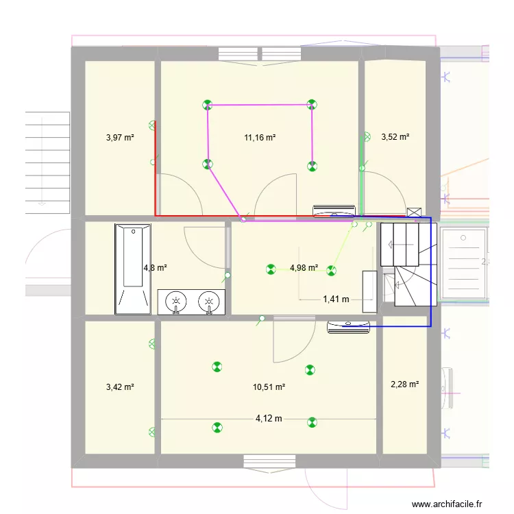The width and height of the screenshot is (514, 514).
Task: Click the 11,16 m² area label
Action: point(260,137)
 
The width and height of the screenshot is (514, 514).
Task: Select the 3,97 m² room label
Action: point(120,137)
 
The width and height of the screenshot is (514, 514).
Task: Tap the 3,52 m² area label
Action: point(395,137)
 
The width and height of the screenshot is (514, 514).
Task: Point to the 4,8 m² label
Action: point(155,268)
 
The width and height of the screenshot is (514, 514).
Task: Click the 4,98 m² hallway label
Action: point(304,268)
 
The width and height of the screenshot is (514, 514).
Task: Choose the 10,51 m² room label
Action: point(269,387)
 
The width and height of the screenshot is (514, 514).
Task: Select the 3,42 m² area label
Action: point(120,387)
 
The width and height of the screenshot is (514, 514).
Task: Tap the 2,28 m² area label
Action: point(404,384)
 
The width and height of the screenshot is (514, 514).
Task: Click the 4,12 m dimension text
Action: point(269,419)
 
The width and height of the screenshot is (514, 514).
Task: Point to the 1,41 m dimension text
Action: point(336,299)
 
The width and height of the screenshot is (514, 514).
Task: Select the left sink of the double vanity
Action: point(177,302)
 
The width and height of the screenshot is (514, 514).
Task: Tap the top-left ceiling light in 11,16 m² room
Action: point(207,105)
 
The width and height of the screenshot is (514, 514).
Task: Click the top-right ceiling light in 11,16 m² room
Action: point(312,105)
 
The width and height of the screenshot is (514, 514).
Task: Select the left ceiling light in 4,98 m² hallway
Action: point(271,270)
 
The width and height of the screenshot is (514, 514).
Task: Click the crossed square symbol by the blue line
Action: point(414,212)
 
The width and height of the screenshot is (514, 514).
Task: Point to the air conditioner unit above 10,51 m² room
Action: point(350,327)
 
